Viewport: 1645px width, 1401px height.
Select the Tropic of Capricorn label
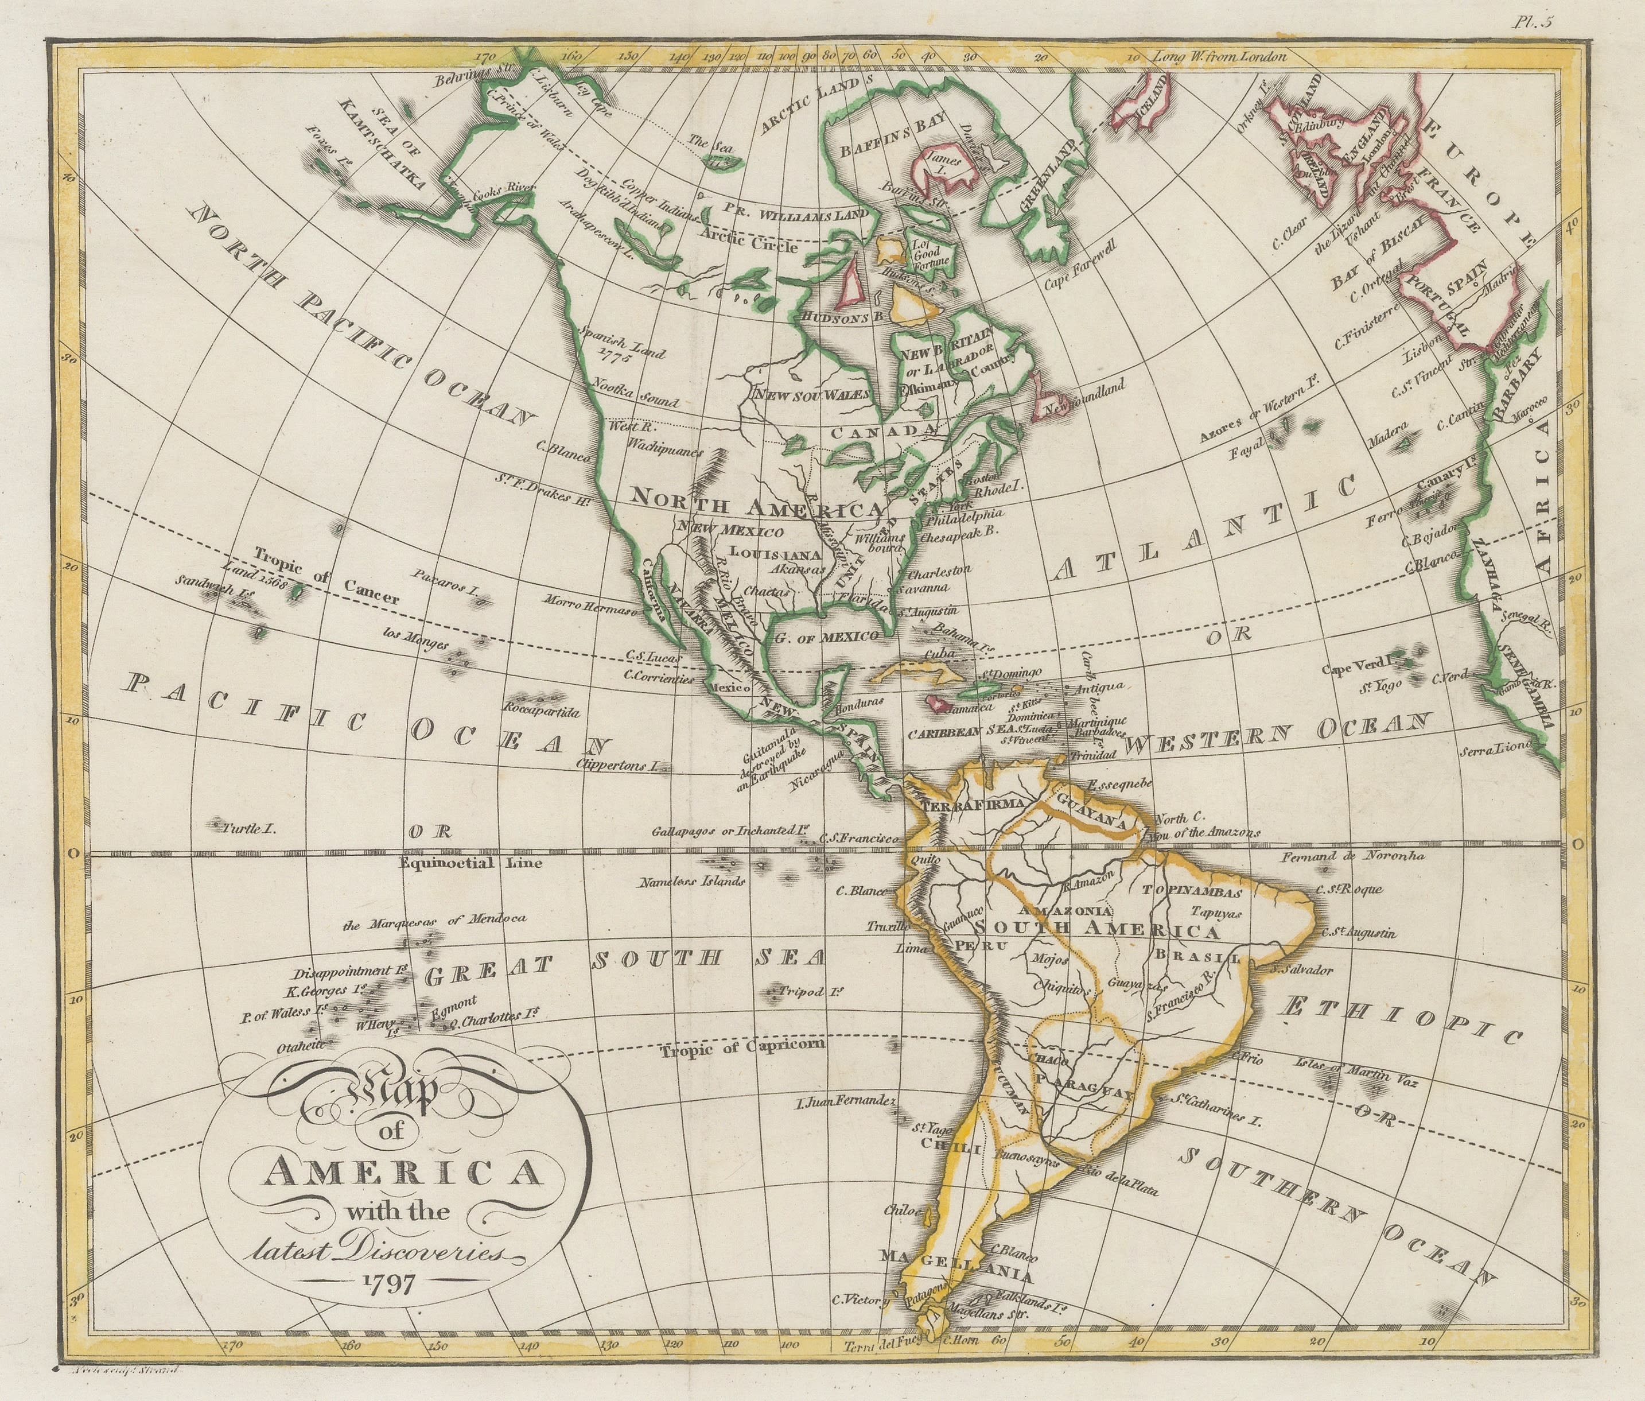click(743, 1047)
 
